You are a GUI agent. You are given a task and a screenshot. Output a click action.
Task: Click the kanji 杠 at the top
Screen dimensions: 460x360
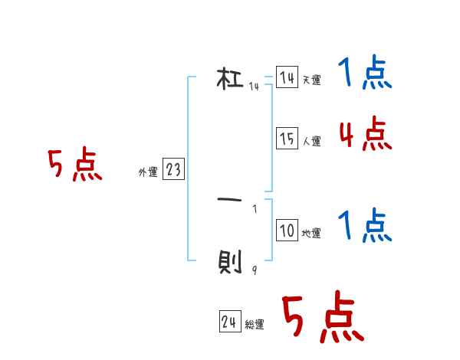point(230,79)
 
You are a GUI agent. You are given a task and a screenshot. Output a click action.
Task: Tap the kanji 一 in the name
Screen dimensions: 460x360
point(230,201)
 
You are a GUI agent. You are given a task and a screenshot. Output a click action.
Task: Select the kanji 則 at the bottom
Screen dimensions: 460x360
point(230,265)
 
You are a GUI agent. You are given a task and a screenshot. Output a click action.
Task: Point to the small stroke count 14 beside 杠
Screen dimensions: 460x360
point(254,87)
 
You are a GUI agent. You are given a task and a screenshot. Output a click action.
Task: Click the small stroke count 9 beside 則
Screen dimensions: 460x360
point(254,270)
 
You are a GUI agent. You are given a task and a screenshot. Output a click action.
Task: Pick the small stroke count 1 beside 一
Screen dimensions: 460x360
point(254,208)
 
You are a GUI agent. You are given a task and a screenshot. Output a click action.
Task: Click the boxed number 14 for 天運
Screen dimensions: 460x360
point(287,78)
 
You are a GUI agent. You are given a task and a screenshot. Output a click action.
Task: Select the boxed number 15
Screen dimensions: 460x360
point(287,139)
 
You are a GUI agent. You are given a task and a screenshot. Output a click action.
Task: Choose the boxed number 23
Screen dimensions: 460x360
point(173,170)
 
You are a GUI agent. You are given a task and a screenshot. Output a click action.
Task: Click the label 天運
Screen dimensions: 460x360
point(311,80)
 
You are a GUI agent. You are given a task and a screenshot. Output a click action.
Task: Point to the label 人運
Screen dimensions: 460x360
point(311,141)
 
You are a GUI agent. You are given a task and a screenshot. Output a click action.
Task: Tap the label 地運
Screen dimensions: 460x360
point(311,234)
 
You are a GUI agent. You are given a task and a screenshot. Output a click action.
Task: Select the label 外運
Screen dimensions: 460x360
point(148,172)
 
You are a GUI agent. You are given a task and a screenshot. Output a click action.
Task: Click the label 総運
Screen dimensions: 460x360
point(255,325)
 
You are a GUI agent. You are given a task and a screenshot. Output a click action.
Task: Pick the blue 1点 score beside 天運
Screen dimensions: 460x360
point(364,74)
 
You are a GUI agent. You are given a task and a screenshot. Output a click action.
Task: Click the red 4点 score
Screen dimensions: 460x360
point(365,135)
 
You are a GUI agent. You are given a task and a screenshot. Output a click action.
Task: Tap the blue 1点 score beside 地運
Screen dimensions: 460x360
point(364,226)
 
